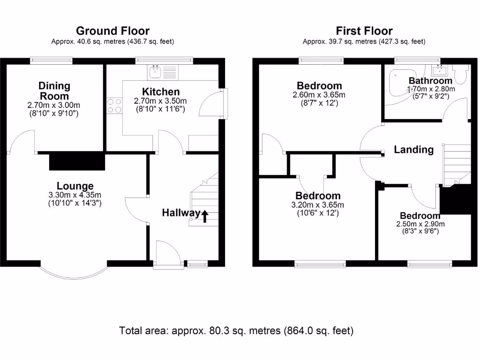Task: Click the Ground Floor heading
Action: tap(112, 31)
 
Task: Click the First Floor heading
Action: tap(364, 31)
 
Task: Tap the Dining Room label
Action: tap(54, 90)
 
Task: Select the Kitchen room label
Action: tap(161, 91)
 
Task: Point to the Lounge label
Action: tap(75, 186)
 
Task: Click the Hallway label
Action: tap(181, 213)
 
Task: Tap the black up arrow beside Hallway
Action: tap(205, 215)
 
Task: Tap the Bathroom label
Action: tap(430, 81)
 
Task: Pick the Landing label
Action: tap(413, 150)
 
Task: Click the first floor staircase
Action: tap(457, 165)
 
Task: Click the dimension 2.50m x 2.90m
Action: tap(420, 224)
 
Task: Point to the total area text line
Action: tap(236, 330)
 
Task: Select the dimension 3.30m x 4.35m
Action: tap(75, 195)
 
